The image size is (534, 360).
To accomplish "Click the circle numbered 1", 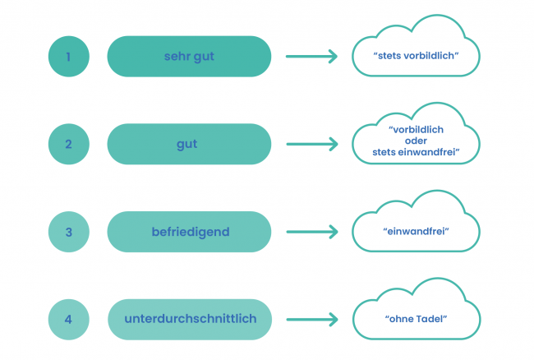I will coord(69,57).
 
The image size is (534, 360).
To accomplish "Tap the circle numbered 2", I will coord(69,145).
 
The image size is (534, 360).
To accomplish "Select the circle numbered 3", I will coord(69,233).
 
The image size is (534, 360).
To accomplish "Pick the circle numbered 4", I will coord(69,320).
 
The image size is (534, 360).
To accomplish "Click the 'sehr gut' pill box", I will coord(189,57).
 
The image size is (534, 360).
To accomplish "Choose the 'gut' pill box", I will coord(189,145).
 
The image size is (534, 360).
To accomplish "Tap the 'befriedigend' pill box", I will coord(189,233).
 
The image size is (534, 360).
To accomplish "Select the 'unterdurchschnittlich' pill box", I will coord(189,320).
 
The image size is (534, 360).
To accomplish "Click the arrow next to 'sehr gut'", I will coord(311,57).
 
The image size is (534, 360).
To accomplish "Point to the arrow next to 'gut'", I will coord(311,145).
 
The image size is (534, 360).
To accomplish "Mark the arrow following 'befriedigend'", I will coord(311,233).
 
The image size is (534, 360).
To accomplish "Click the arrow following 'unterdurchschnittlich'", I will coord(311,320).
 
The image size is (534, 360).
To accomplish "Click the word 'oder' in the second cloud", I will coord(416,141).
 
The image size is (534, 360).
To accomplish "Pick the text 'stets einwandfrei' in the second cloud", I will coord(416,152).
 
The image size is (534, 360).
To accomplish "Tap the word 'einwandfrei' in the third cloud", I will coord(416,233).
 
